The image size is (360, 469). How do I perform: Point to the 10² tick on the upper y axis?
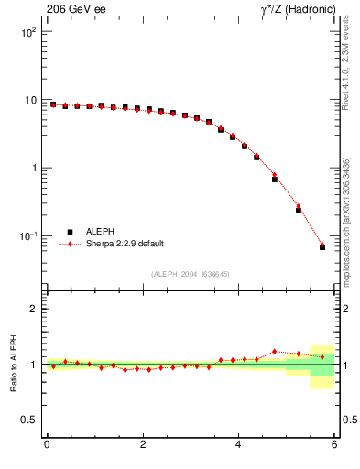tap(29, 32)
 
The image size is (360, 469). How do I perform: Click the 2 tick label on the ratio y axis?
tap(34, 310)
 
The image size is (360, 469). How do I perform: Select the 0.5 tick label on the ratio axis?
tap(29, 420)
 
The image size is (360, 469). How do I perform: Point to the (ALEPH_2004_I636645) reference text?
tap(191, 274)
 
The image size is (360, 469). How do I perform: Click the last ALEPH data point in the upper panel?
tap(322, 247)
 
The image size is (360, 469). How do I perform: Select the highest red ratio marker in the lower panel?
tap(275, 351)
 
